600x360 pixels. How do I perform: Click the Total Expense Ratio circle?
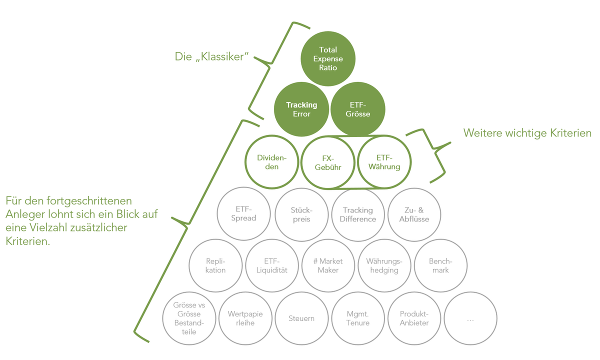pos(328,58)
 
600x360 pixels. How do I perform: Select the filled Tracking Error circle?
pos(301,109)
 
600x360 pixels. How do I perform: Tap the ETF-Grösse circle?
pos(358,109)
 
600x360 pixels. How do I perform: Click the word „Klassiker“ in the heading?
pos(222,57)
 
